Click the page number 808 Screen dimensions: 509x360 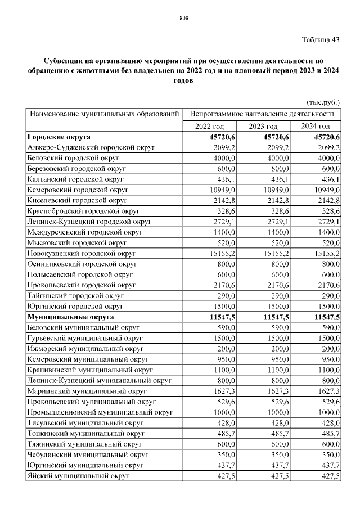tap(183, 18)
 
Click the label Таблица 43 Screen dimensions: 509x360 tap(321, 40)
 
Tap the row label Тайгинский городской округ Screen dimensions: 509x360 tap(75, 295)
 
